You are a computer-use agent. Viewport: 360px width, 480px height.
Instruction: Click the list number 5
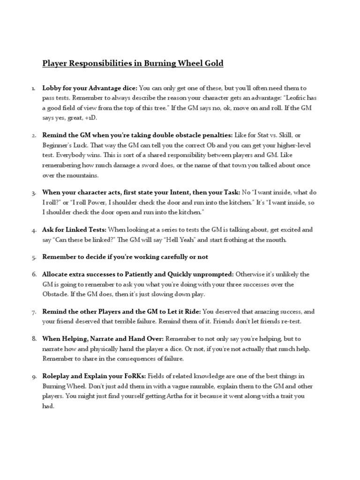click(x=34, y=257)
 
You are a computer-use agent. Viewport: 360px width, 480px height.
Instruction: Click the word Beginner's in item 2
click(x=59, y=146)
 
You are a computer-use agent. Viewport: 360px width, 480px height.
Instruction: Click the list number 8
click(x=34, y=338)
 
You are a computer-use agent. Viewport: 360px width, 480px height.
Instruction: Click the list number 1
click(x=34, y=88)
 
